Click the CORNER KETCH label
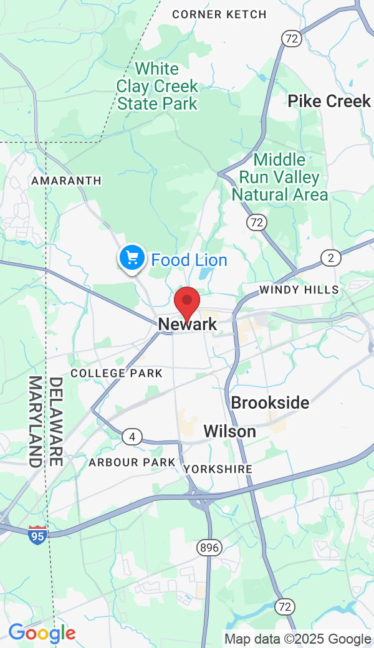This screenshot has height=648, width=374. [219, 14]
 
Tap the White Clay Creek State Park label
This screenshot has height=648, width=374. [158, 86]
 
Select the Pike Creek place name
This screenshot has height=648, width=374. [329, 102]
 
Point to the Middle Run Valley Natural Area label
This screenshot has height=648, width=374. [280, 178]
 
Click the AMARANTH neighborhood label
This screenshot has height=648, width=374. [66, 181]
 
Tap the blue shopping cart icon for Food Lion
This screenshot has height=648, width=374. [132, 257]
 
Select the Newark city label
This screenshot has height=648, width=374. [188, 324]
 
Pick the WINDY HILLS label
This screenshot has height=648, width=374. [299, 290]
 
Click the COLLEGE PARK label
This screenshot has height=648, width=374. [117, 373]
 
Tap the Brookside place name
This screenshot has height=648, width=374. [270, 403]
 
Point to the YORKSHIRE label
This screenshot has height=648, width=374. [218, 469]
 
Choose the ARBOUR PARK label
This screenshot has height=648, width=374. [132, 462]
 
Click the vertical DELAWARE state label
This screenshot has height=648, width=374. [56, 421]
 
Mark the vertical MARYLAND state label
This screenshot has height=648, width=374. [36, 421]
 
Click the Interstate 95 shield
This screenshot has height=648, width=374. [37, 535]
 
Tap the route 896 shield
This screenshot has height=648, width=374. [209, 548]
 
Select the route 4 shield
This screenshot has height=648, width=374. [132, 437]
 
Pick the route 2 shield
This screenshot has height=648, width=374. [331, 257]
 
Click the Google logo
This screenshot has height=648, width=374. [42, 634]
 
